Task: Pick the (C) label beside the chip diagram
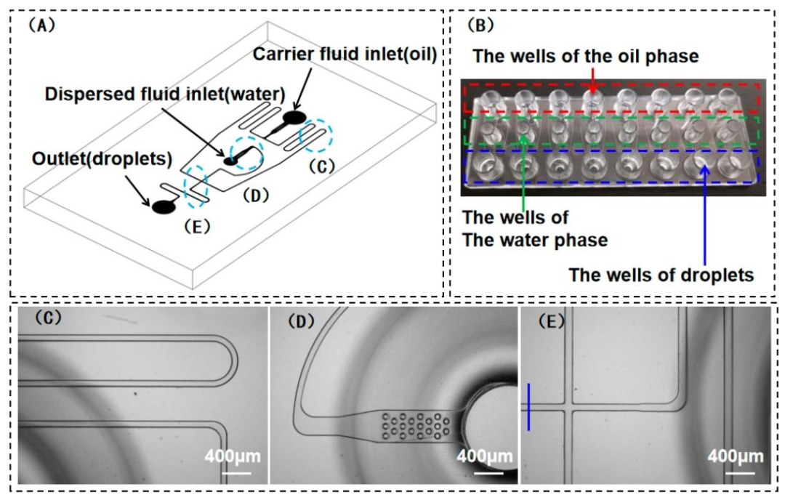[321, 165]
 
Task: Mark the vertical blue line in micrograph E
[529, 406]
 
